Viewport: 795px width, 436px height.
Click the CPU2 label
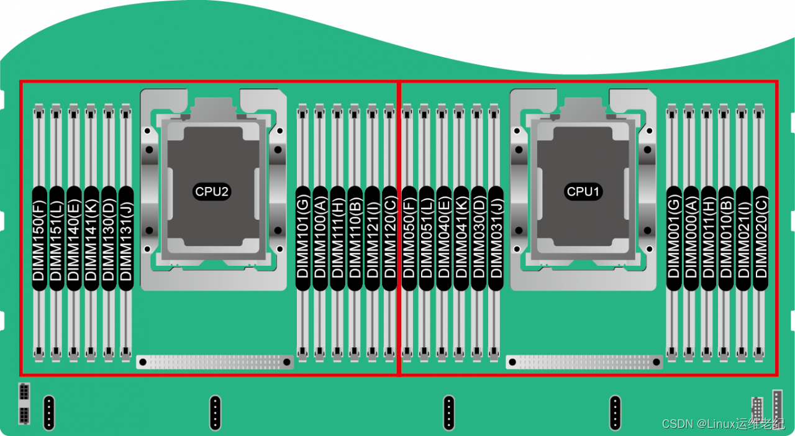coord(212,191)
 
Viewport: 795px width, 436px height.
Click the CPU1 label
coord(583,191)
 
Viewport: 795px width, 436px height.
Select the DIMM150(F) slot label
coord(39,238)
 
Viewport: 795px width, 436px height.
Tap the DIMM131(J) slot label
coord(126,238)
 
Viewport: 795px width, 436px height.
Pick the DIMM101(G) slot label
coord(302,238)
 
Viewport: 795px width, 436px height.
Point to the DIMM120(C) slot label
coord(389,238)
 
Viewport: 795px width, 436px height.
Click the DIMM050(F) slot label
coord(409,238)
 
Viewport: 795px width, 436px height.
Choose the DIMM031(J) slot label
coord(496,238)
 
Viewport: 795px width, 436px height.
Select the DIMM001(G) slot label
coord(673,238)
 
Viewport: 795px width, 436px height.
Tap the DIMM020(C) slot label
coord(760,238)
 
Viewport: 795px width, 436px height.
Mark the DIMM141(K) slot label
coord(91,238)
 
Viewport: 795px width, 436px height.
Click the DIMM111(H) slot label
coord(337,238)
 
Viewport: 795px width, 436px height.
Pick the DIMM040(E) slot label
coord(443,238)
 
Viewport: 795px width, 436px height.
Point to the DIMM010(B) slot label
coord(725,238)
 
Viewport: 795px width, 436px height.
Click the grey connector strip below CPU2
coord(215,362)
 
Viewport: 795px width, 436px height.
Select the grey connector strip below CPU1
coord(584,362)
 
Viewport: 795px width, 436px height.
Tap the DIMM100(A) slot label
coord(320,238)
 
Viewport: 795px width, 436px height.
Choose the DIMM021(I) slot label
coord(743,238)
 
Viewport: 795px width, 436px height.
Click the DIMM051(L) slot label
coord(426,238)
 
